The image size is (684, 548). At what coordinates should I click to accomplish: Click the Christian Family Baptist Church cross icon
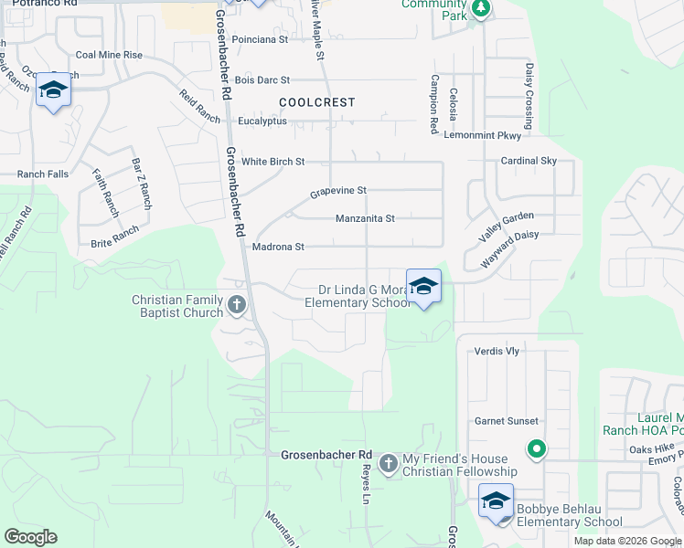(237, 305)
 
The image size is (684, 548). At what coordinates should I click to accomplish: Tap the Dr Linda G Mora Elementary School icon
(423, 287)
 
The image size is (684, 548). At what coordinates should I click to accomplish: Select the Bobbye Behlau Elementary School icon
(497, 501)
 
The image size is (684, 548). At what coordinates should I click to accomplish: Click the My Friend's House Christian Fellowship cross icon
(389, 464)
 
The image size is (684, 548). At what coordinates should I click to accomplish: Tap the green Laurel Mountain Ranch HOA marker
(537, 449)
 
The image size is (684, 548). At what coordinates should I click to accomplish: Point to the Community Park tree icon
(480, 10)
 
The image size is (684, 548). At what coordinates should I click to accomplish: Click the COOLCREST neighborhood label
(316, 103)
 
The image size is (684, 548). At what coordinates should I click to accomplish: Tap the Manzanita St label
(365, 219)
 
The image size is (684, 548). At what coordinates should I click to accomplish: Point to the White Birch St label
(273, 162)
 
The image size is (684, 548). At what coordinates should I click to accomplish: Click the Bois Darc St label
(262, 81)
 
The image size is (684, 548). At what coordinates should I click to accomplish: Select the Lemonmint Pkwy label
(482, 135)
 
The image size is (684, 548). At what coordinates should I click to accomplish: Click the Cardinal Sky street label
(529, 161)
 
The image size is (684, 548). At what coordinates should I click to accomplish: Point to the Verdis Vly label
(497, 351)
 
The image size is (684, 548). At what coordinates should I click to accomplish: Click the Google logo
(30, 537)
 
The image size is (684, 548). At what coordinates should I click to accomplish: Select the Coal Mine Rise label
(109, 55)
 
